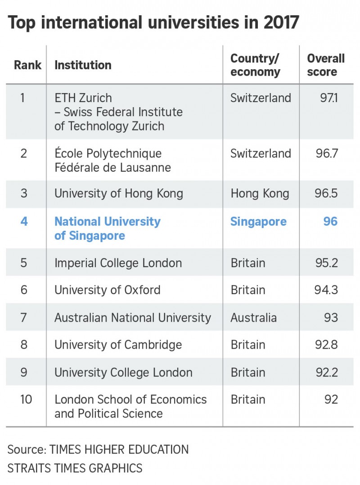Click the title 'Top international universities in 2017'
[x=153, y=22]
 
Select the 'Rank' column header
[x=27, y=65]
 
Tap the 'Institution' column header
[x=83, y=65]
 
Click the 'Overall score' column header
[x=326, y=65]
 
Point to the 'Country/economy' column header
[x=255, y=65]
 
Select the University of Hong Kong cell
[x=119, y=194]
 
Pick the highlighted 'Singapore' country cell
[x=258, y=221]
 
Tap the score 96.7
[x=327, y=153]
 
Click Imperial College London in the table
[x=118, y=263]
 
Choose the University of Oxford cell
[x=107, y=290]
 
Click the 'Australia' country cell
[x=253, y=318]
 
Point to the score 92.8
[x=327, y=345]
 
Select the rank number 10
[x=26, y=400]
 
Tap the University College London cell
[x=123, y=373]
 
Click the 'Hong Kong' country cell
[x=260, y=194]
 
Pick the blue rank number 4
[x=24, y=221]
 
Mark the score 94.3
[x=326, y=290]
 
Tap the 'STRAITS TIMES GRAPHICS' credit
[x=75, y=468]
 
